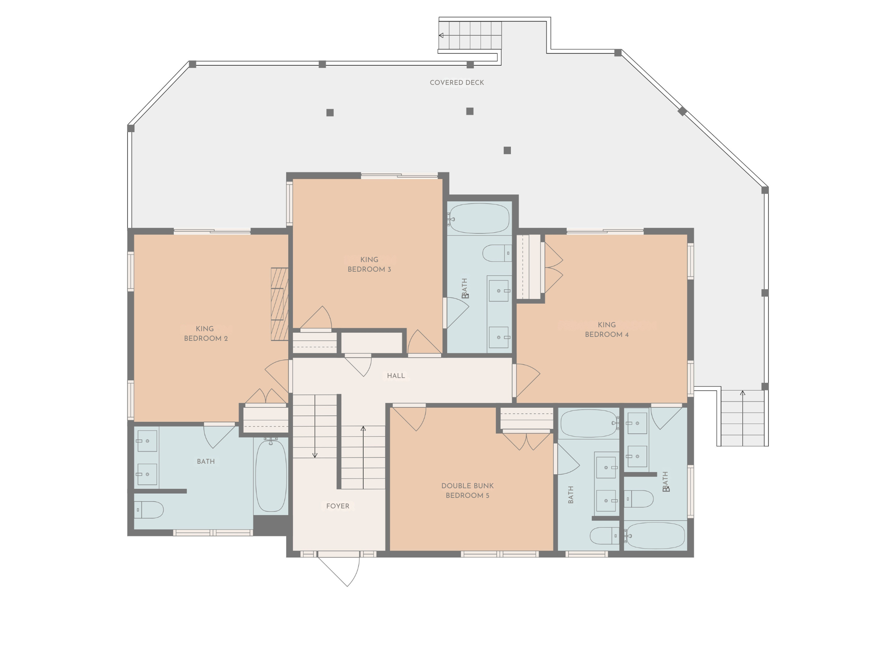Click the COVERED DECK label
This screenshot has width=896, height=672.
[457, 83]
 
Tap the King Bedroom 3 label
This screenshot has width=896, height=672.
[369, 265]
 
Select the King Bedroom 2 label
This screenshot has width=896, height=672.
[206, 334]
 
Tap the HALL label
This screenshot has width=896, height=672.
[396, 376]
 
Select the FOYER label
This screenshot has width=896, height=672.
[338, 506]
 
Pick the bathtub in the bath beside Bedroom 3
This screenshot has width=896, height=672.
[479, 218]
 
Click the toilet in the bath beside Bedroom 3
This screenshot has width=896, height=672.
[497, 253]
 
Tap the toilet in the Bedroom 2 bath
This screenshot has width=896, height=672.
[149, 510]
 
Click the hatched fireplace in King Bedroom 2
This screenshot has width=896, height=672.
[280, 304]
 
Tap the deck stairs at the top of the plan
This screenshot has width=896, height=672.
[470, 35]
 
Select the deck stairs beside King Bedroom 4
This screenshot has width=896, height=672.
[742, 418]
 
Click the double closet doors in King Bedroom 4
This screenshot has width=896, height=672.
[553, 268]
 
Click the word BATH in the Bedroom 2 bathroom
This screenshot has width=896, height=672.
[206, 462]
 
